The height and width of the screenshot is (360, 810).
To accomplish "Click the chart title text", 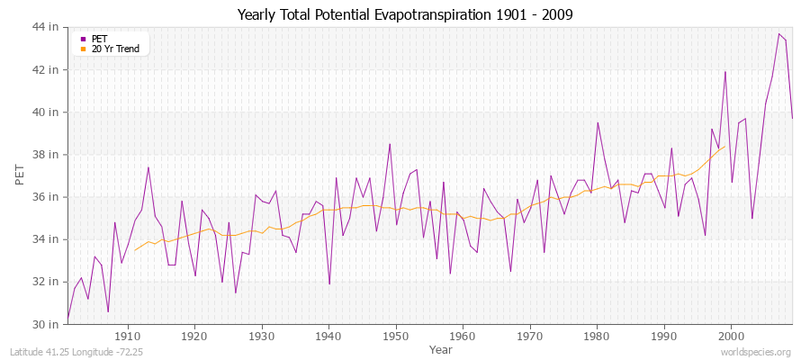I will (405, 14).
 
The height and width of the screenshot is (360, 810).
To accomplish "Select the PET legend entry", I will (99, 39).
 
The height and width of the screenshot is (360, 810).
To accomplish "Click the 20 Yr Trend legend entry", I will (115, 49).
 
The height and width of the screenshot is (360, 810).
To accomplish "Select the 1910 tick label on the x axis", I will (127, 336).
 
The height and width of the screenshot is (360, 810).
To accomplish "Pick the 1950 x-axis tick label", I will (395, 336).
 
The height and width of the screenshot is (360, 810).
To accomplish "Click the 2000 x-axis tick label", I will (731, 336).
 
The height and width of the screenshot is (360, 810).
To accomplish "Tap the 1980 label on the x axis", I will (597, 336).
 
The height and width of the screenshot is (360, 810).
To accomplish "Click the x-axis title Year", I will (441, 348).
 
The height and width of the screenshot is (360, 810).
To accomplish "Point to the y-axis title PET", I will (21, 175).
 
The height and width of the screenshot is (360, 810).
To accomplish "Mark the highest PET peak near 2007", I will (778, 33).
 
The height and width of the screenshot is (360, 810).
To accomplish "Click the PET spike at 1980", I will (598, 122).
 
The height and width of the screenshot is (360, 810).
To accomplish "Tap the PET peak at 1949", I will (390, 144).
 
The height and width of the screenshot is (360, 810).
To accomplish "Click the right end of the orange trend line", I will (724, 146).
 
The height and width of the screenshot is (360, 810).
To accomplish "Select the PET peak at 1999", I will (724, 72).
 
